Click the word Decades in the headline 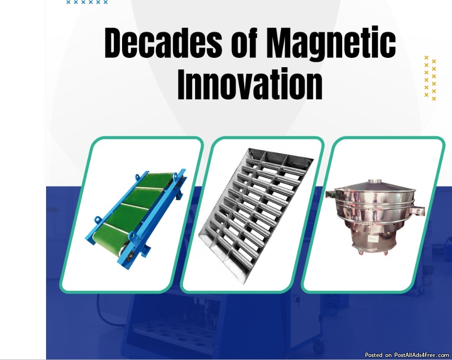[x=163, y=42]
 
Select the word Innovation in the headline [x=250, y=84]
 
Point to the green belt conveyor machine [x=136, y=219]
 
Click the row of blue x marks [x=87, y=2]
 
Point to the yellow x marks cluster [x=430, y=78]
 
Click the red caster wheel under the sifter [x=360, y=253]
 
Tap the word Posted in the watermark [x=374, y=355]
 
